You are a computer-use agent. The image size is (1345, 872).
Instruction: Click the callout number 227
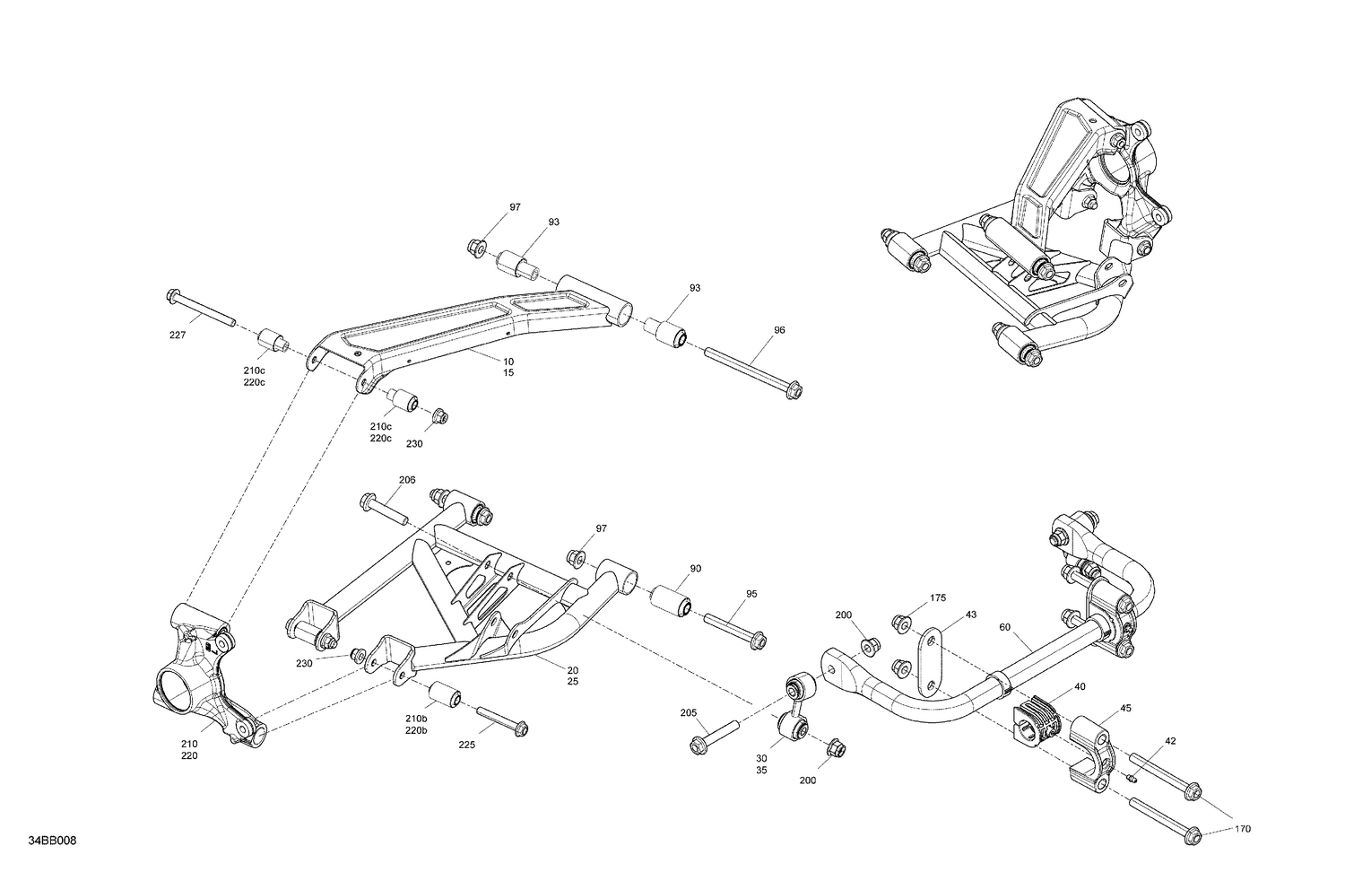point(178,336)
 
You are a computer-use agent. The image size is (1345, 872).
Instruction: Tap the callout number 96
point(779,330)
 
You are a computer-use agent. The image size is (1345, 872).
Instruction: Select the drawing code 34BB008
point(52,841)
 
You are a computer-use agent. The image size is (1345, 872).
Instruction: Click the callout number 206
point(407,480)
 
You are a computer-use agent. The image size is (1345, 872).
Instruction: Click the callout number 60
point(1004,627)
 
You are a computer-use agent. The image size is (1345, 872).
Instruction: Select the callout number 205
point(688,713)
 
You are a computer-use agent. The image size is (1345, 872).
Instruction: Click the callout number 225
point(467,744)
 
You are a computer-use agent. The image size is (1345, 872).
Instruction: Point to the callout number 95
point(751,594)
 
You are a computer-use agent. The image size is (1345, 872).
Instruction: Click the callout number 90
point(695,568)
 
